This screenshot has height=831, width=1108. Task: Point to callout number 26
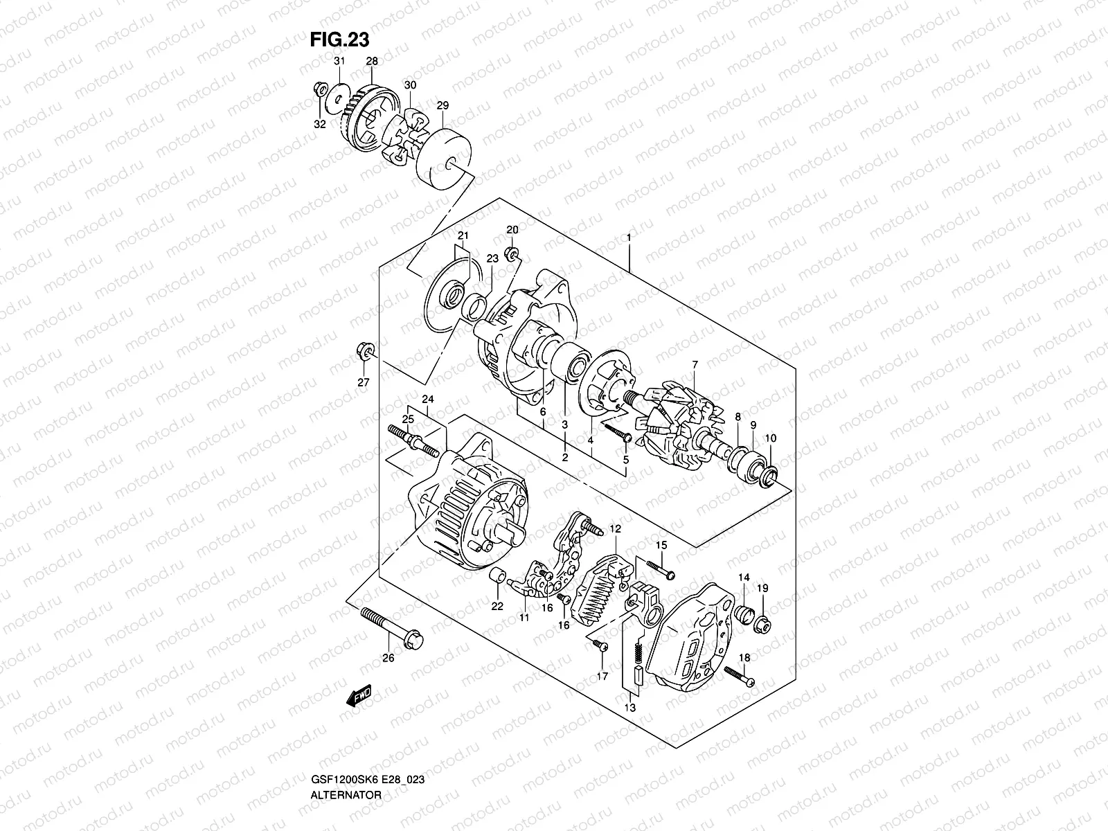(x=388, y=658)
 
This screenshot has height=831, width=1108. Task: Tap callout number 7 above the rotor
(x=695, y=364)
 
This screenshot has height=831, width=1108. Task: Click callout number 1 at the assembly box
(x=629, y=238)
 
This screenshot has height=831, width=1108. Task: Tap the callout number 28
(x=372, y=62)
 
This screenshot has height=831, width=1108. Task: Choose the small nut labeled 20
(x=513, y=253)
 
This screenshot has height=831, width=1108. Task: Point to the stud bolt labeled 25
(x=413, y=440)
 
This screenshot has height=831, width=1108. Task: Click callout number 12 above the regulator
(x=616, y=529)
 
